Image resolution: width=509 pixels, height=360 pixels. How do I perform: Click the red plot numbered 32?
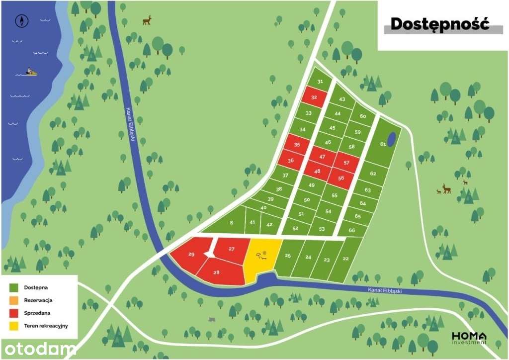[314, 97]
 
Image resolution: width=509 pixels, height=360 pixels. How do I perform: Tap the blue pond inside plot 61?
[392, 139]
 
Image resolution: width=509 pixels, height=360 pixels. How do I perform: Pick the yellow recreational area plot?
[262, 256]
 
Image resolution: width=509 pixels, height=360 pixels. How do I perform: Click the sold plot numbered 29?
[191, 255]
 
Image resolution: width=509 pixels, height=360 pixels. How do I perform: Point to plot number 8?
[231, 223]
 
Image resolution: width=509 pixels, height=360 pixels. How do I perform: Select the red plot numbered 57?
[346, 163]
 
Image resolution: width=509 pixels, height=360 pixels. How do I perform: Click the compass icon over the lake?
[22, 21]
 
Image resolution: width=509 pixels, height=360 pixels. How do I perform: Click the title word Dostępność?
[439, 23]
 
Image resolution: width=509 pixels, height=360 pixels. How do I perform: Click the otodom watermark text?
[38, 349]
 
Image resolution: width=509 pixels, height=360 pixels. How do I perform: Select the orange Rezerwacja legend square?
[14, 300]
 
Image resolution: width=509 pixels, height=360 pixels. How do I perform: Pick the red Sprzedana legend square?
[14, 313]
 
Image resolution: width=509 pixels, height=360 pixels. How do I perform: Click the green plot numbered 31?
[321, 82]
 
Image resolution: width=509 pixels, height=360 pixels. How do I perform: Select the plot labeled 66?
[351, 230]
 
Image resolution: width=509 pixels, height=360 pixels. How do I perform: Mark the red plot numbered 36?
[290, 161]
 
